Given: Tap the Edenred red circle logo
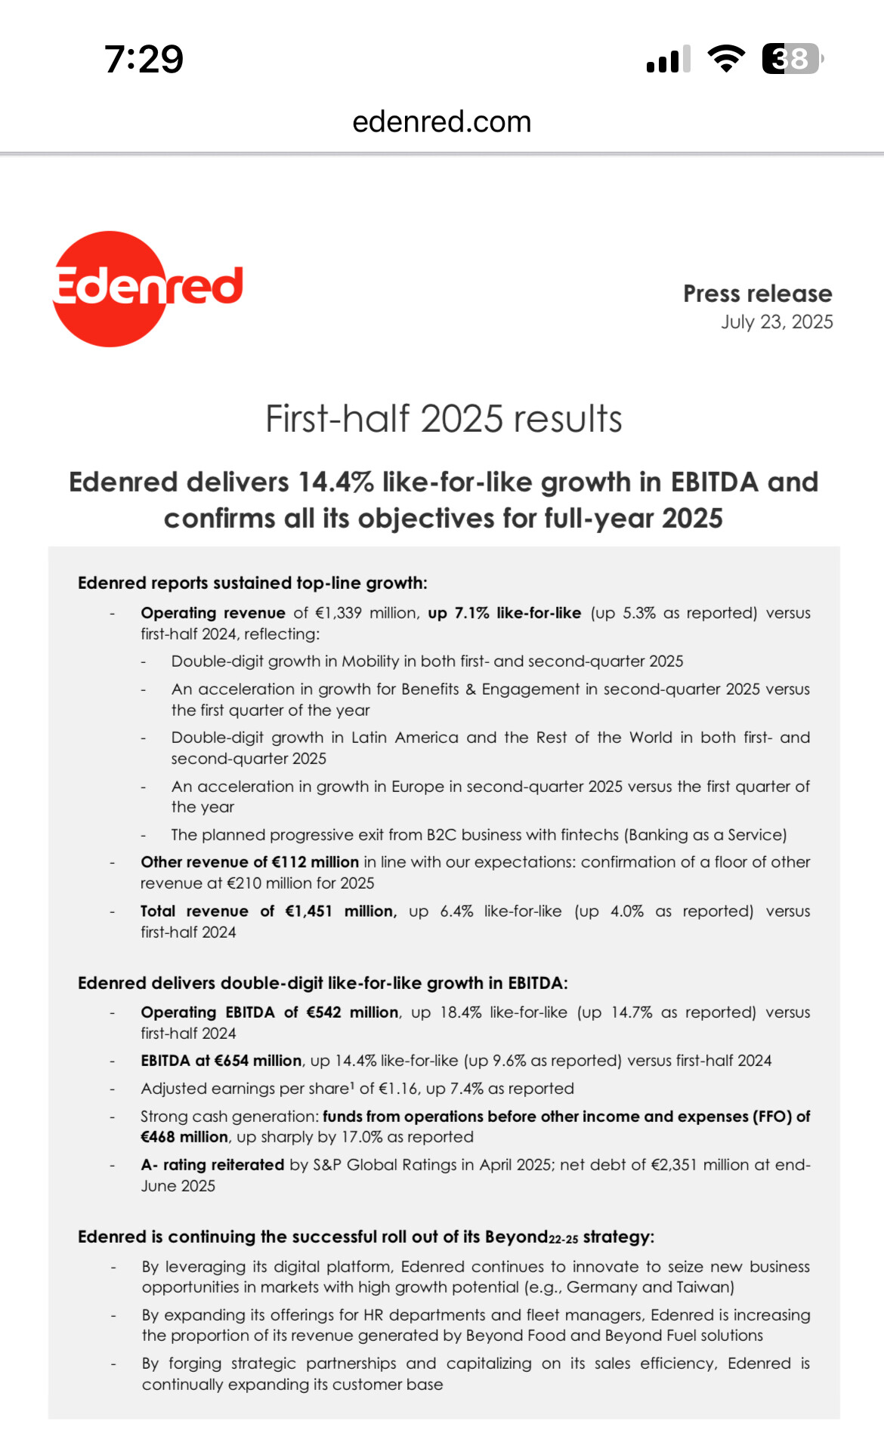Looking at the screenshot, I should pos(113,288).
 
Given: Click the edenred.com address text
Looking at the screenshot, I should pos(442,122).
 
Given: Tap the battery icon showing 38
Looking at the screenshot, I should pos(791,59).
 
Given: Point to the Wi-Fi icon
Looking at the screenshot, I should pos(726,59).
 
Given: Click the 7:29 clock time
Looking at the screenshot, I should pos(144,59).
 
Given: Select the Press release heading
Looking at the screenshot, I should pos(757,293).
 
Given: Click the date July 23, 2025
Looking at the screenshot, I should pos(777,322).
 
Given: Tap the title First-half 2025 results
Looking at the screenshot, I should pos(444,419).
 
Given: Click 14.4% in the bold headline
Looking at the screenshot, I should pos(335,482).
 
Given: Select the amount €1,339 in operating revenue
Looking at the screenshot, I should pos(338,613).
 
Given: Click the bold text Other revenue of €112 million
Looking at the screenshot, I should pos(249,862).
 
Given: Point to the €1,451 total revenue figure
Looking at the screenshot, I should pos(308,911).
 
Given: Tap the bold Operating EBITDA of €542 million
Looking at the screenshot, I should pos(269,1012).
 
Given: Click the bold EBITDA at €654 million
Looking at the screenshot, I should pos(221,1061).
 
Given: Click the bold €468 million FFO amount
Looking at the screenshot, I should pos(184,1137).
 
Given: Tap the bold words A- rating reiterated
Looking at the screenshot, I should pos(212,1165).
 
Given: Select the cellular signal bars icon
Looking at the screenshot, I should pos(669,59).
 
